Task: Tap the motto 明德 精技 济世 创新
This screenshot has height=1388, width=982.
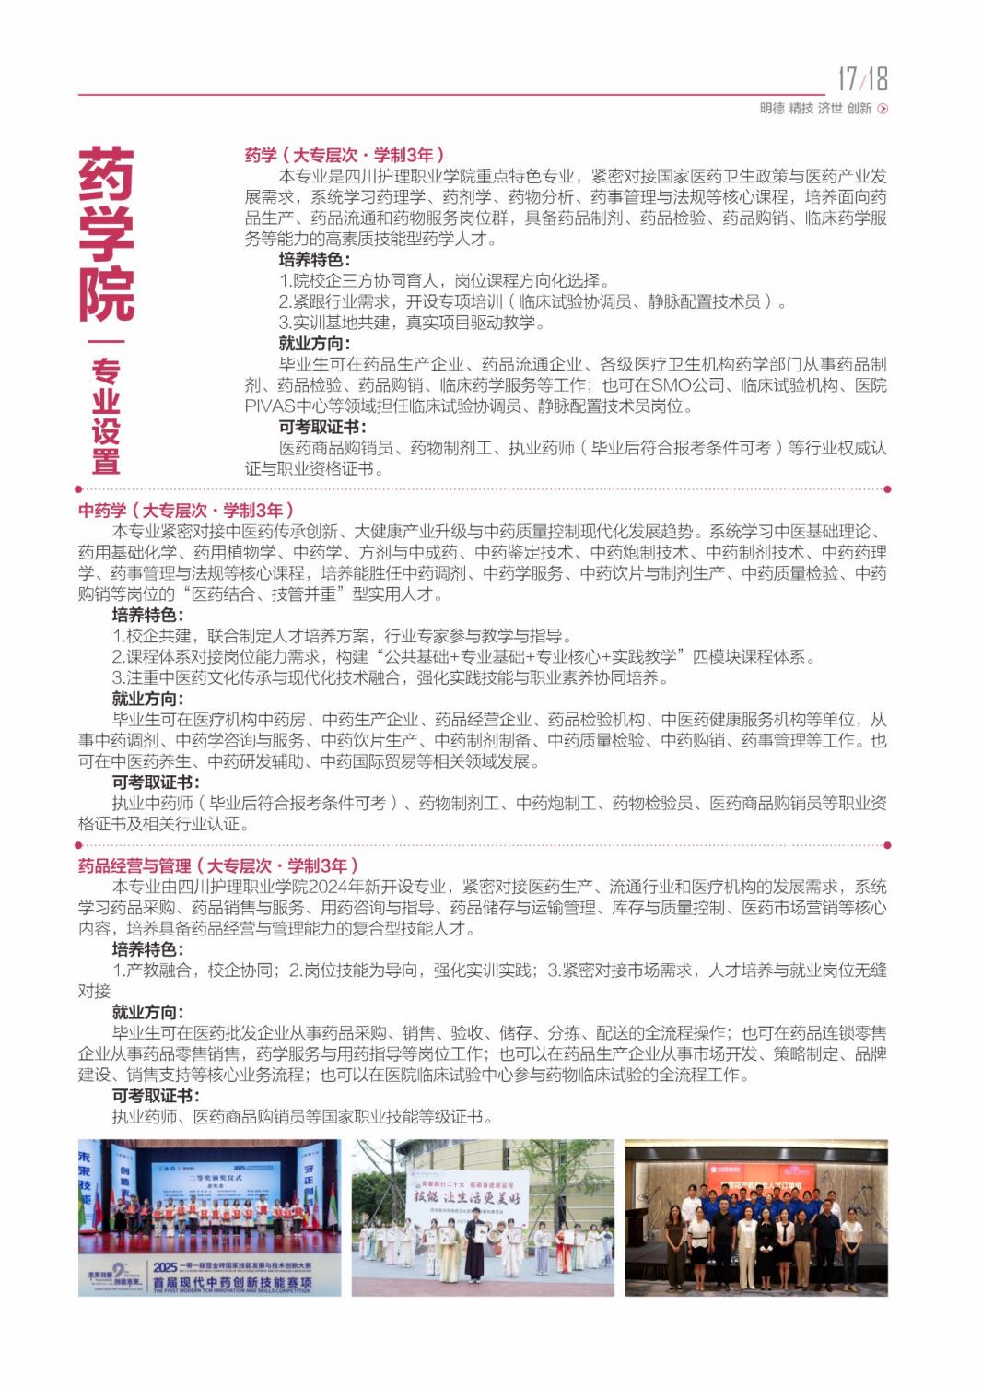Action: point(815,108)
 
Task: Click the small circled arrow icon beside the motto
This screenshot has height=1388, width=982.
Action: point(883,109)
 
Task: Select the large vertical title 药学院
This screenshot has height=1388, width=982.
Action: point(106,234)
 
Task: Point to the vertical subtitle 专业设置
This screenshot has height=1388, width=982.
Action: point(106,416)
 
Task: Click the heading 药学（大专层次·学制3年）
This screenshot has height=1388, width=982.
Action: point(345,155)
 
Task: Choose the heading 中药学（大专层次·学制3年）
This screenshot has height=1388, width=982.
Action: point(186,511)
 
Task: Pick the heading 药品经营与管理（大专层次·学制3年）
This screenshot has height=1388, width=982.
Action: point(218,865)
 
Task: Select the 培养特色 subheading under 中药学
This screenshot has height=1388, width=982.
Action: point(147,615)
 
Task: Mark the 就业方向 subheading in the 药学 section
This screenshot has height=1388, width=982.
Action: point(314,344)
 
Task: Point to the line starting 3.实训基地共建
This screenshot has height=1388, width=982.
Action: point(412,323)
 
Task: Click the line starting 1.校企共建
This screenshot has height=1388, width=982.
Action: point(342,636)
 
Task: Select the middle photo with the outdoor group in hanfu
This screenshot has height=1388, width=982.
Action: point(483,1217)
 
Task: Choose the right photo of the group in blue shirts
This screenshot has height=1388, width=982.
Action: point(756,1217)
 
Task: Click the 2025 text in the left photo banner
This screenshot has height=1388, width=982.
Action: point(166,1267)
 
